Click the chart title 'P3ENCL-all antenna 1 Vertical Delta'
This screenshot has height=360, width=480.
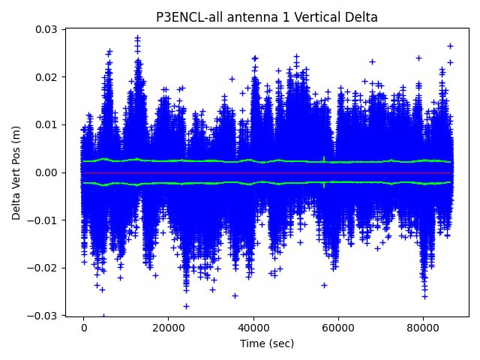[267, 17]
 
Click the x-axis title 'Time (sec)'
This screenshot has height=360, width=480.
[267, 343]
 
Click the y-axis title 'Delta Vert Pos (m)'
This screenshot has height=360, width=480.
[16, 172]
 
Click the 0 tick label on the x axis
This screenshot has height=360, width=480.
[83, 328]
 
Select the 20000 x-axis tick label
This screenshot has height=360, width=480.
[168, 328]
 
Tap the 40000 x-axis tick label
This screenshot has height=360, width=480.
[253, 328]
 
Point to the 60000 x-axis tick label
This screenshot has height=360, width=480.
[338, 328]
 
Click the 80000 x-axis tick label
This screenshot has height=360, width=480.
[423, 328]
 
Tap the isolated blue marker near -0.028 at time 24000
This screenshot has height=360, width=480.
[186, 306]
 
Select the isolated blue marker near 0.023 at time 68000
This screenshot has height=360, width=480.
[372, 61]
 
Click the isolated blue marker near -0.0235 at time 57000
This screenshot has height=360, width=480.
[324, 285]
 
